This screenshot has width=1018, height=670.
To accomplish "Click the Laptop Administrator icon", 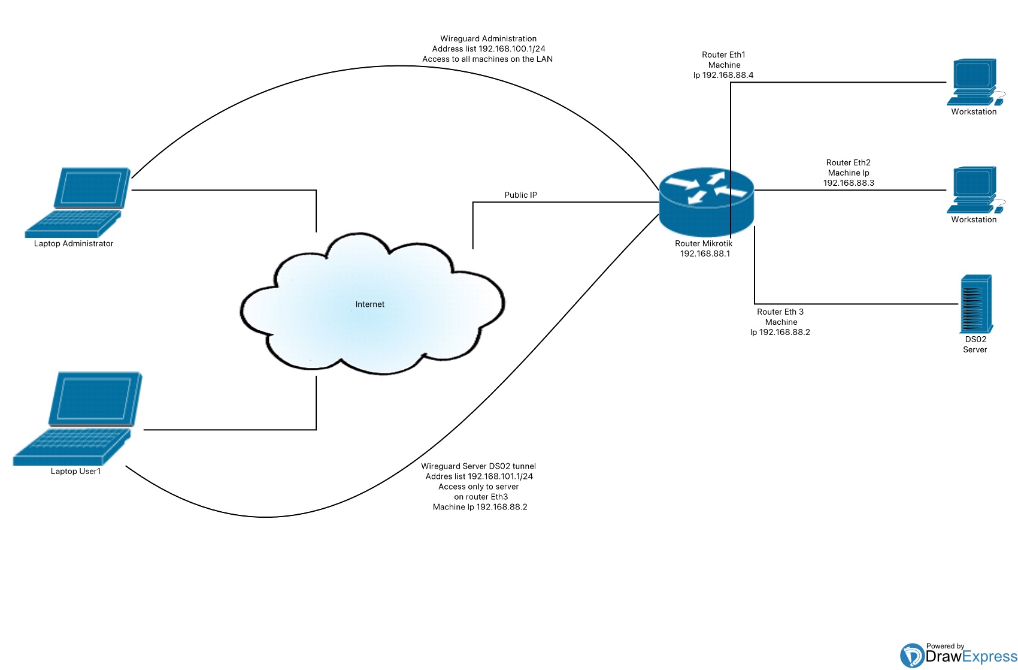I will click(x=78, y=202).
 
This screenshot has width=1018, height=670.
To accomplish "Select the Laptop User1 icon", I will click(x=78, y=418).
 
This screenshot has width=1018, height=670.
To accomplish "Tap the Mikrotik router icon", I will click(x=706, y=202).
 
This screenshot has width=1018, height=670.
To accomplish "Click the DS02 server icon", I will click(x=975, y=304).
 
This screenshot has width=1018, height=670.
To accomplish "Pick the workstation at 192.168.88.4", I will click(x=974, y=82).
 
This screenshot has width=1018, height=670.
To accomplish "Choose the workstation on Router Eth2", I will click(x=974, y=190).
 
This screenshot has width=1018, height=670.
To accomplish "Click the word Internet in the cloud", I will click(x=370, y=304).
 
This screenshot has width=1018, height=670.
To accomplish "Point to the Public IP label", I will click(x=520, y=195).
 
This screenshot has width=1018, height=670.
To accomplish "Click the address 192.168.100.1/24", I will click(x=512, y=49).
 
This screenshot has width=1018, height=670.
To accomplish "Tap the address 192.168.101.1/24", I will click(x=500, y=476).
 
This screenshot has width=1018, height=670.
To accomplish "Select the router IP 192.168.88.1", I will click(x=705, y=253).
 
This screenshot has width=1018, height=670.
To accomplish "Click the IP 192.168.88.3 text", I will click(x=849, y=183).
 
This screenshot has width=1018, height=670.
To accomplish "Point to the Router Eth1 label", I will click(x=723, y=55).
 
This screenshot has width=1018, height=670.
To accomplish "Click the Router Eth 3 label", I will click(x=780, y=312).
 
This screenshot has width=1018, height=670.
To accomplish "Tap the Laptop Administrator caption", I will click(x=74, y=243).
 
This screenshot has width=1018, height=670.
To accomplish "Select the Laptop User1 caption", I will click(x=76, y=471).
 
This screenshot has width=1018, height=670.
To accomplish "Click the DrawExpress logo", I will click(x=958, y=656).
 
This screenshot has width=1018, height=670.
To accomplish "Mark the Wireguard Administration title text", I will click(x=488, y=38).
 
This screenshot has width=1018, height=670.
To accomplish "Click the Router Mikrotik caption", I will click(x=704, y=243).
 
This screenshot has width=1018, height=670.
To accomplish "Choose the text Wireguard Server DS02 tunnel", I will click(x=478, y=466).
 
